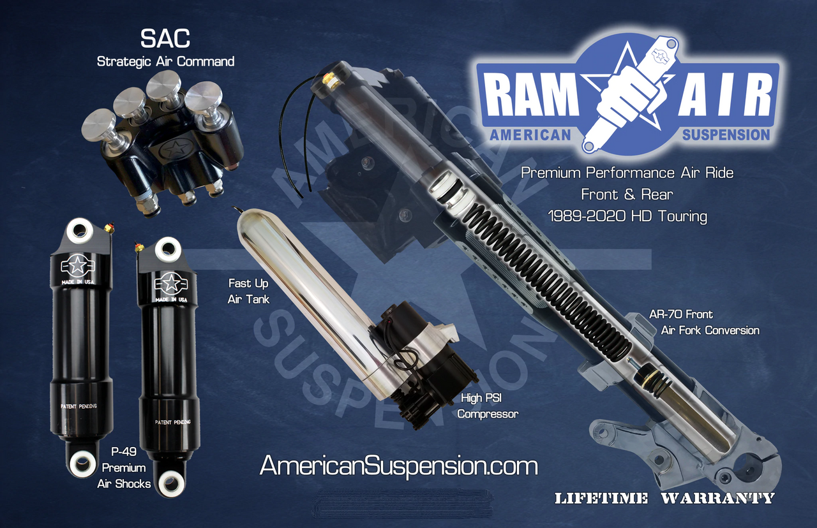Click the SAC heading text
click(165, 38)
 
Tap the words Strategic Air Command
click(165, 62)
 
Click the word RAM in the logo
click(529, 97)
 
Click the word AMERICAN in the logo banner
click(529, 135)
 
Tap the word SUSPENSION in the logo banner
click(726, 135)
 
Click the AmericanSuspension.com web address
click(398, 466)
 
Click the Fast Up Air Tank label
click(249, 291)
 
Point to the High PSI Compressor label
click(488, 406)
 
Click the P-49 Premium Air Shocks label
click(124, 467)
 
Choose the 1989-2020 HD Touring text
click(627, 216)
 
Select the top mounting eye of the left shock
click(80, 231)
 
